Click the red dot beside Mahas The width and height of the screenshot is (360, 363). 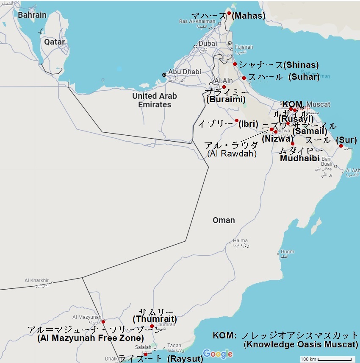229,13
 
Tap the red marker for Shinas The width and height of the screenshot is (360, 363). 235,64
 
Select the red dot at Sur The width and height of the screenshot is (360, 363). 341,146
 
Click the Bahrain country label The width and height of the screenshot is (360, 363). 32,15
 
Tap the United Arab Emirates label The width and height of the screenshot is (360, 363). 155,100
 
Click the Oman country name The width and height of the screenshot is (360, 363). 224,220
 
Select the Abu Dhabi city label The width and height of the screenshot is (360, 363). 185,72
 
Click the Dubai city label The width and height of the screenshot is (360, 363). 208,43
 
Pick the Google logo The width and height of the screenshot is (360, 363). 218,353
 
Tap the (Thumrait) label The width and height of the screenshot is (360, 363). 155,319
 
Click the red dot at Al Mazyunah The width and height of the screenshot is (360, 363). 103,322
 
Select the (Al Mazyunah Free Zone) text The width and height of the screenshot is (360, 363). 90,338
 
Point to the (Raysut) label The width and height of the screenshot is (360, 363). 185,359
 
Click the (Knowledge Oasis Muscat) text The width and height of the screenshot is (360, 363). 301,344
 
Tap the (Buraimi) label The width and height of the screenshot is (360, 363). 226,100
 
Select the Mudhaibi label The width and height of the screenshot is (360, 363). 299,158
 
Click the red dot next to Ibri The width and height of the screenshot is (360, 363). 237,120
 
